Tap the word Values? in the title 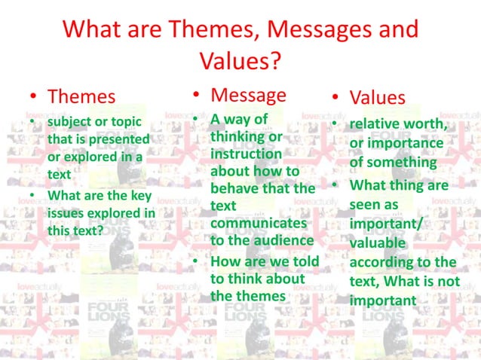pyautogui.click(x=240, y=60)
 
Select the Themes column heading pyautogui.click(x=81, y=96)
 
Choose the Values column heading pyautogui.click(x=377, y=97)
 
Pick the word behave pyautogui.click(x=235, y=188)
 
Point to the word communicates pyautogui.click(x=259, y=223)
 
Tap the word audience pyautogui.click(x=286, y=240)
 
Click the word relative pyautogui.click(x=375, y=123)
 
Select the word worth pyautogui.click(x=429, y=123)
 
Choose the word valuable pyautogui.click(x=377, y=243)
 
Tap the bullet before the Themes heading pyautogui.click(x=33, y=97)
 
